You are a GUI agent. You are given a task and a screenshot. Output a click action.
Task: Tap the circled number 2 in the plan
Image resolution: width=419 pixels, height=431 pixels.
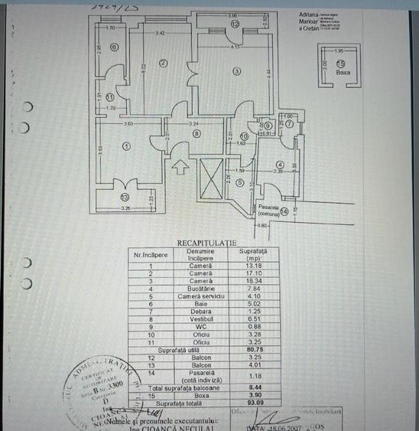[x=163, y=64]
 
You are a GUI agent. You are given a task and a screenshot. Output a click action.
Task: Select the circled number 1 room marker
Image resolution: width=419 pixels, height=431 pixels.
[x=126, y=145]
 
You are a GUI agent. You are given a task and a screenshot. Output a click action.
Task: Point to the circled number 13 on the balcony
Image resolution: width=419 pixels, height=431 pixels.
[x=125, y=197]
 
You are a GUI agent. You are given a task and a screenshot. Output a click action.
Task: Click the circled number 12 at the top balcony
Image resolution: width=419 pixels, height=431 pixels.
[x=235, y=24]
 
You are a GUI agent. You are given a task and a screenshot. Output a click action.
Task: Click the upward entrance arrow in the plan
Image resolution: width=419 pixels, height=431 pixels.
[x=180, y=164]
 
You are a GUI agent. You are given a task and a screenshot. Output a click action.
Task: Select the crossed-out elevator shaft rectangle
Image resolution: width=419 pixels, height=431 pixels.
[x=208, y=178]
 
